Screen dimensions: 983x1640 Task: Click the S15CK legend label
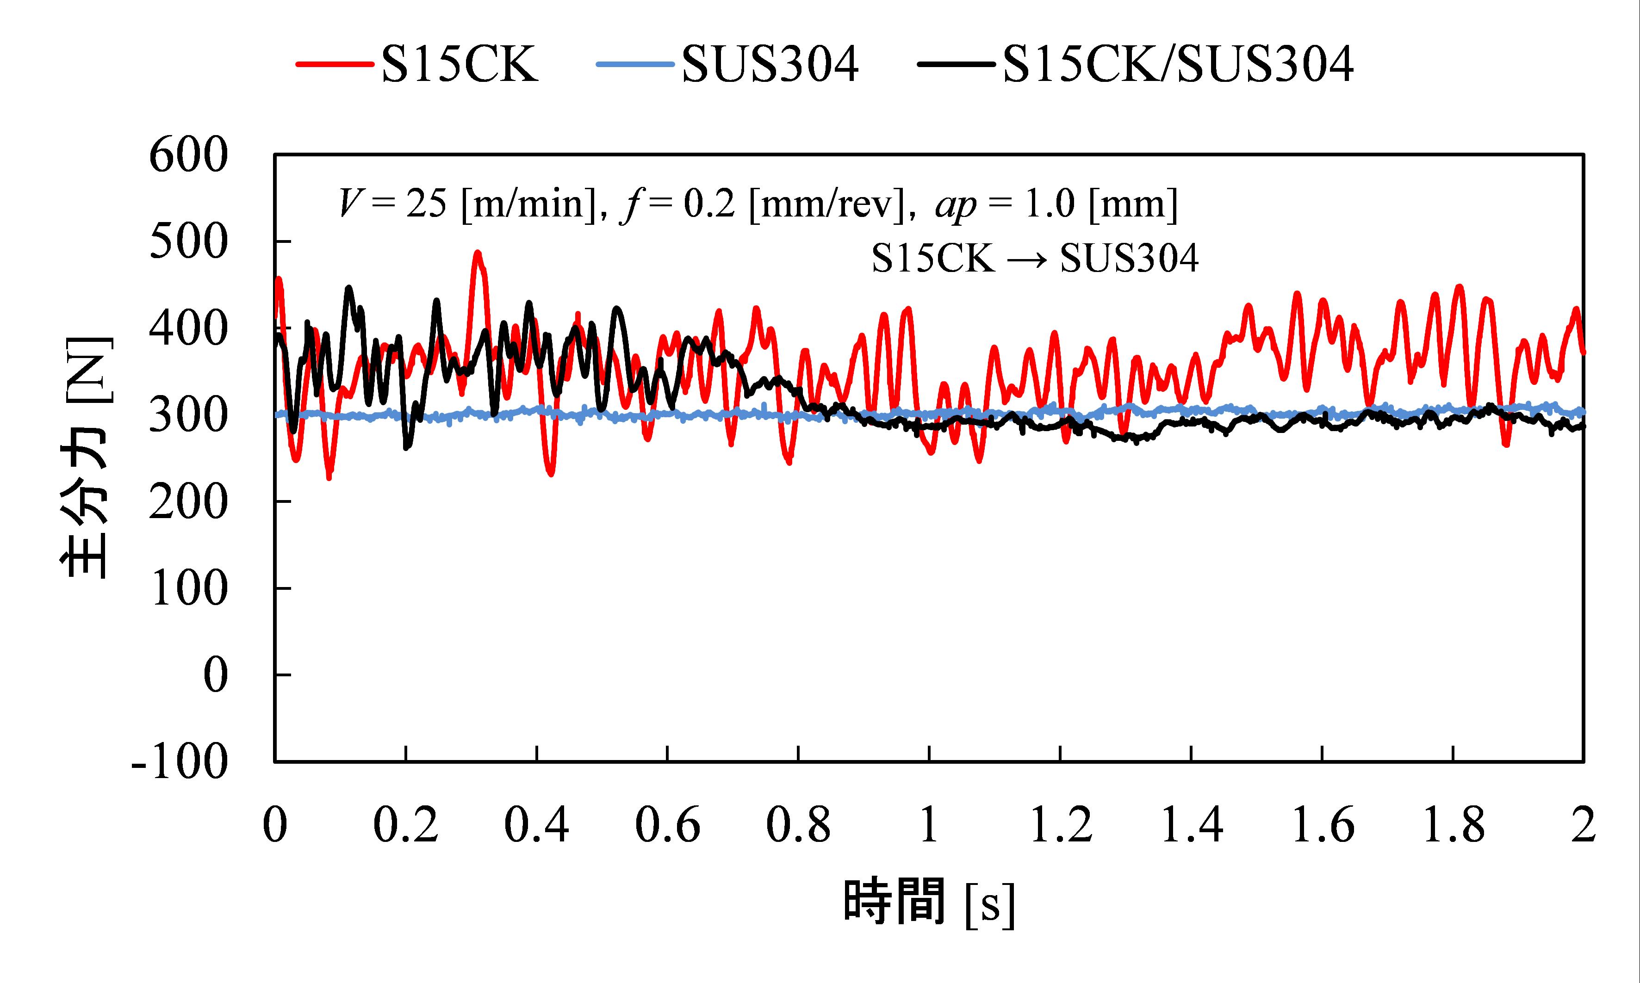tap(459, 65)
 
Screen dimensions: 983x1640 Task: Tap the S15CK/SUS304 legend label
tap(1178, 65)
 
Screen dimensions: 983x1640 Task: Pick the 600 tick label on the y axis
tap(189, 156)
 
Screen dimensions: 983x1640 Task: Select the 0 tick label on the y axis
tap(215, 676)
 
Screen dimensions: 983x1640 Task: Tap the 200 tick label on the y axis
tap(189, 503)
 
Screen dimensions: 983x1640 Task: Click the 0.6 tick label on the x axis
tap(667, 825)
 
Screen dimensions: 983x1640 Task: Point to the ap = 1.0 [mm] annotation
tap(1056, 204)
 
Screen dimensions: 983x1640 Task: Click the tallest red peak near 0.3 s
tap(477, 253)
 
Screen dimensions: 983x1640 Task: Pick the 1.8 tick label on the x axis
tap(1453, 825)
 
